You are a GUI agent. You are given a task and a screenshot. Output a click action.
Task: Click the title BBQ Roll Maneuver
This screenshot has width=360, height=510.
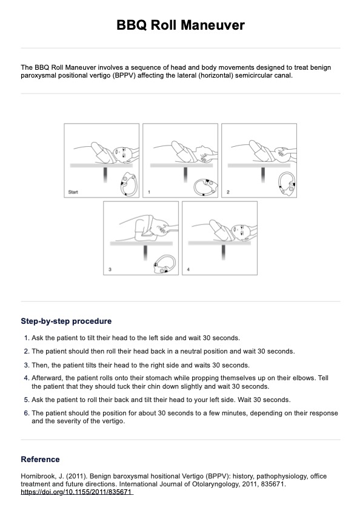coord(181,25)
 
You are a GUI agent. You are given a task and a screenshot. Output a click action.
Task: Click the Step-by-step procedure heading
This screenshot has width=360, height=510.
coord(66,321)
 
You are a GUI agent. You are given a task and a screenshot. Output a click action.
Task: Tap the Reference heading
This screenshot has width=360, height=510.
coord(40,459)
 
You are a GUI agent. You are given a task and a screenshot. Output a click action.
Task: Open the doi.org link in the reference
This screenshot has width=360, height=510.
coord(77,492)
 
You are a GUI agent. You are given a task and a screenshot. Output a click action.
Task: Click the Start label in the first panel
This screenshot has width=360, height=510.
coord(73,192)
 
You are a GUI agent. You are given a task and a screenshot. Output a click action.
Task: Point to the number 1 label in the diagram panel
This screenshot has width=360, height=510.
coord(149,192)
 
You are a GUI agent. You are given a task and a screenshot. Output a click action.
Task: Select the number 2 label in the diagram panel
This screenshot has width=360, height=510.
coord(228,192)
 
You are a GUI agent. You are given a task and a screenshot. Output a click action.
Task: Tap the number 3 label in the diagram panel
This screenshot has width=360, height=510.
coord(110,269)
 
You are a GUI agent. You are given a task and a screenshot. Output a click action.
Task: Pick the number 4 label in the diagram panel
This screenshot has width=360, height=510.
coord(188,269)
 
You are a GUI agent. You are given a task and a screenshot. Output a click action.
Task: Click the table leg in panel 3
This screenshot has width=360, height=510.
coord(145,253)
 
